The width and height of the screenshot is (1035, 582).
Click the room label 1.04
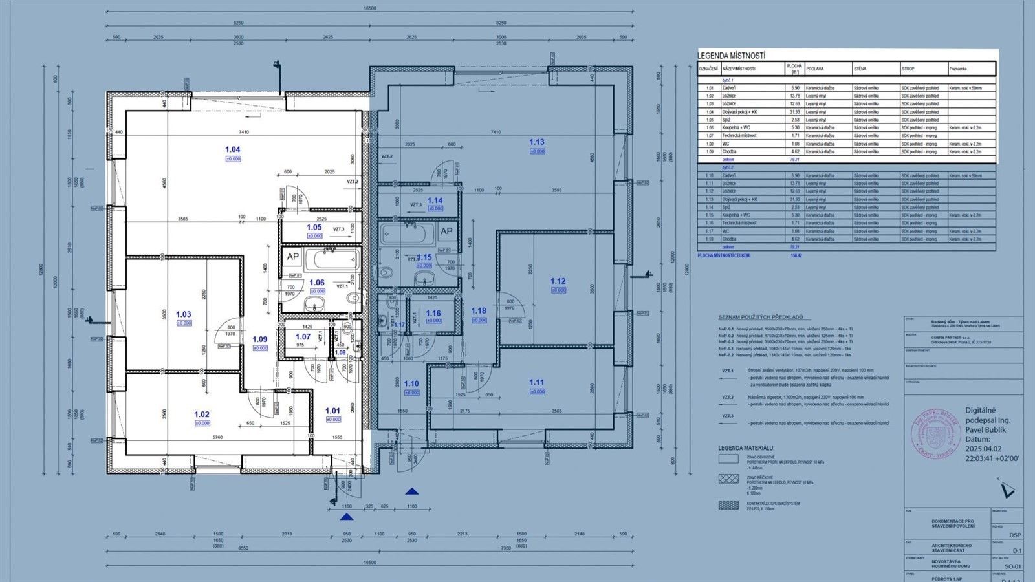coord(233,149)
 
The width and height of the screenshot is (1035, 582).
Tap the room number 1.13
coord(536,142)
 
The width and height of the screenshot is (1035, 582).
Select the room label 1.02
coord(202,415)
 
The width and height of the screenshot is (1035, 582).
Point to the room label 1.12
coord(558,281)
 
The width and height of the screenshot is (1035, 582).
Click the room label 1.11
coord(536,382)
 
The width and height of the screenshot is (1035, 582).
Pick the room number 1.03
coord(184,314)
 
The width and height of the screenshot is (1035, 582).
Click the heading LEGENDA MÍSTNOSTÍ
coord(732,56)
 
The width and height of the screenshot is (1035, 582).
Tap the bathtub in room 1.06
coord(331,261)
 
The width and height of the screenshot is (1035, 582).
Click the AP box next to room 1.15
coord(446,232)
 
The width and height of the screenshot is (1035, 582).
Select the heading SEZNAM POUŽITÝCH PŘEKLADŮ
coord(760,318)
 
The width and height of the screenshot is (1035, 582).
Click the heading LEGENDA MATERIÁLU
coord(746,448)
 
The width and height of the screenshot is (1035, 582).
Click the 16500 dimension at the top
coord(369,8)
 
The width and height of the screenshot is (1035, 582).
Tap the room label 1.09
coord(259,339)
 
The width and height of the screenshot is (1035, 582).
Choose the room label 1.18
coord(478,311)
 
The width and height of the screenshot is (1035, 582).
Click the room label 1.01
coord(332,411)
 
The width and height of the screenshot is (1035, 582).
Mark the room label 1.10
coord(411,383)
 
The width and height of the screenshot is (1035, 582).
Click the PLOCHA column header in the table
coord(794,69)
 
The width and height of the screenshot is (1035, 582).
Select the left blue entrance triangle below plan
coord(347,516)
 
